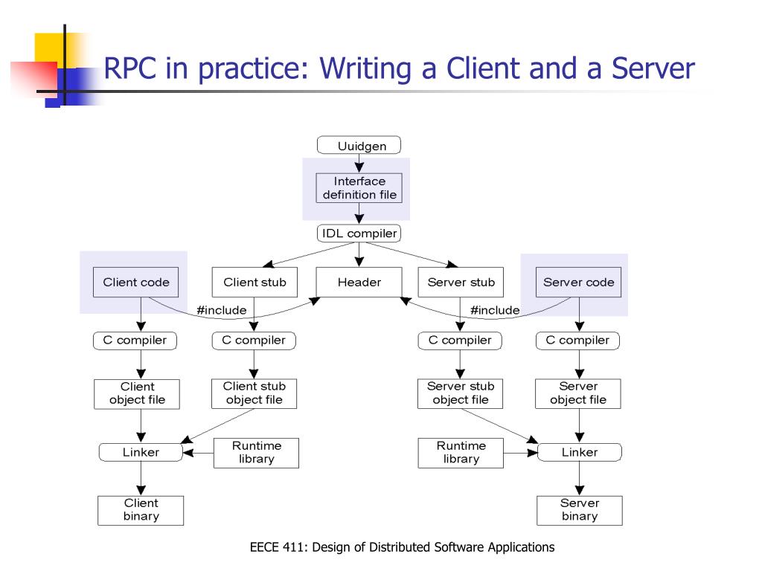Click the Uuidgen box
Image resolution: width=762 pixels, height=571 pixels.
[359, 145]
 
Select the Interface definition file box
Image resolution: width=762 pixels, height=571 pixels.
[359, 188]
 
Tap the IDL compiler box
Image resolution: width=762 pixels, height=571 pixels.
[359, 233]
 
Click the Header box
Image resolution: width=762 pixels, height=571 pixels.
[359, 282]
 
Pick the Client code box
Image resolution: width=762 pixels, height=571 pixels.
[136, 282]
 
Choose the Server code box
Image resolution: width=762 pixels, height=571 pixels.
[578, 282]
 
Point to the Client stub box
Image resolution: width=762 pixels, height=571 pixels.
[254, 282]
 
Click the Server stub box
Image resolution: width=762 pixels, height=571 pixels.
[461, 282]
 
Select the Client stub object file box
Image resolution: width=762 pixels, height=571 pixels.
[254, 393]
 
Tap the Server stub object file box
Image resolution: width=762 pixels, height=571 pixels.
[460, 393]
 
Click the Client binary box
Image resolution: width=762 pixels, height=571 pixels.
[141, 510]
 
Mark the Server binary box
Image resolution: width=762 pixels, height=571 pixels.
[579, 510]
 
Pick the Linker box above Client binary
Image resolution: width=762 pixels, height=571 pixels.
[141, 452]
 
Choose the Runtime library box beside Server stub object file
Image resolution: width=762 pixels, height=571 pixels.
[461, 453]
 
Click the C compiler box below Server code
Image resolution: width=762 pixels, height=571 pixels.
[577, 341]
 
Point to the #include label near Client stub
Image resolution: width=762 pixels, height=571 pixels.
[222, 310]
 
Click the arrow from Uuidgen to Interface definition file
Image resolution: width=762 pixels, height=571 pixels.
[359, 164]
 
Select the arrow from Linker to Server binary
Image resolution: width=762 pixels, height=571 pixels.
[579, 478]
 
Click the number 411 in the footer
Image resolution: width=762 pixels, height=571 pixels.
[293, 547]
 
